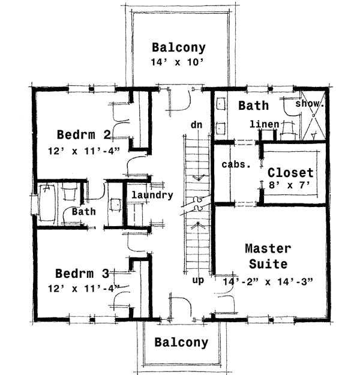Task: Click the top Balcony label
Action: point(178,47)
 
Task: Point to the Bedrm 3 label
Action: point(82,274)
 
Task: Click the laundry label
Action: point(152,195)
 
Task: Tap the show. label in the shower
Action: point(311,103)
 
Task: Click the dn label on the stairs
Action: point(196,125)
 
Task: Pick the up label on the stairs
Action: point(199,280)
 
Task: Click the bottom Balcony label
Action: point(181,343)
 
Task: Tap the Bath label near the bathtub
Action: point(83,212)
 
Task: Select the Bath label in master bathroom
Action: point(253,106)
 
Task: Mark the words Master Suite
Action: point(268,256)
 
